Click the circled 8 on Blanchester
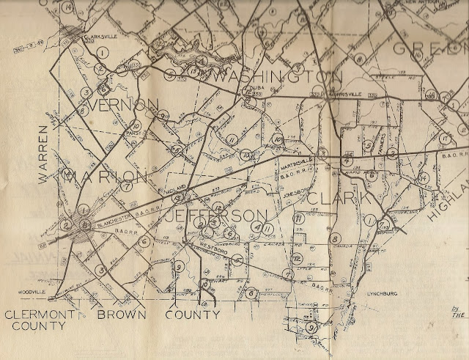(x=86, y=226)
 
